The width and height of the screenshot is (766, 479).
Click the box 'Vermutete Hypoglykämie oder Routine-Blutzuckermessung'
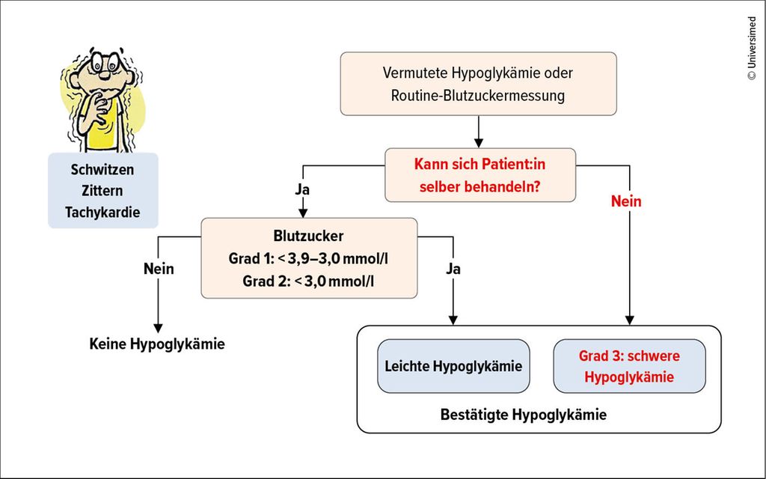click(478, 84)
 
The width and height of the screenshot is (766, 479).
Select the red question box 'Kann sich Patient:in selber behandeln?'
click(480, 174)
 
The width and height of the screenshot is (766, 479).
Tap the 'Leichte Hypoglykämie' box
click(453, 366)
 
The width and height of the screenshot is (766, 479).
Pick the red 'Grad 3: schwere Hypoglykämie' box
click(629, 366)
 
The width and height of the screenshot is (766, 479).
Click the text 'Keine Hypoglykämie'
click(157, 344)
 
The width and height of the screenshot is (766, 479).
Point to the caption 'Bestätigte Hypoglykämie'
click(524, 414)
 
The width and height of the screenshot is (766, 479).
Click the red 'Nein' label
click(627, 201)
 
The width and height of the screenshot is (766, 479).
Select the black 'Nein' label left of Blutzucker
click(158, 268)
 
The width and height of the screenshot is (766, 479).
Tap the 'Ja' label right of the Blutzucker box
click(453, 268)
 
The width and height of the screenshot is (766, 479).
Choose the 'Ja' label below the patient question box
click(302, 190)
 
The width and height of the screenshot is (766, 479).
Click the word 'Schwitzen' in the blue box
click(102, 170)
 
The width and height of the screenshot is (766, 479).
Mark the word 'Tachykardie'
click(102, 213)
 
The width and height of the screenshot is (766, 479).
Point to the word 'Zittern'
click(102, 191)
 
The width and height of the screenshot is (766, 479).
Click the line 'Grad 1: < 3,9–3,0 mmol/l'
click(308, 259)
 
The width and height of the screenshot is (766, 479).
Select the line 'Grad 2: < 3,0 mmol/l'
click(308, 281)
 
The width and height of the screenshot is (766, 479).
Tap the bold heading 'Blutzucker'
click(308, 236)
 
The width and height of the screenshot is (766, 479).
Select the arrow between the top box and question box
click(478, 131)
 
